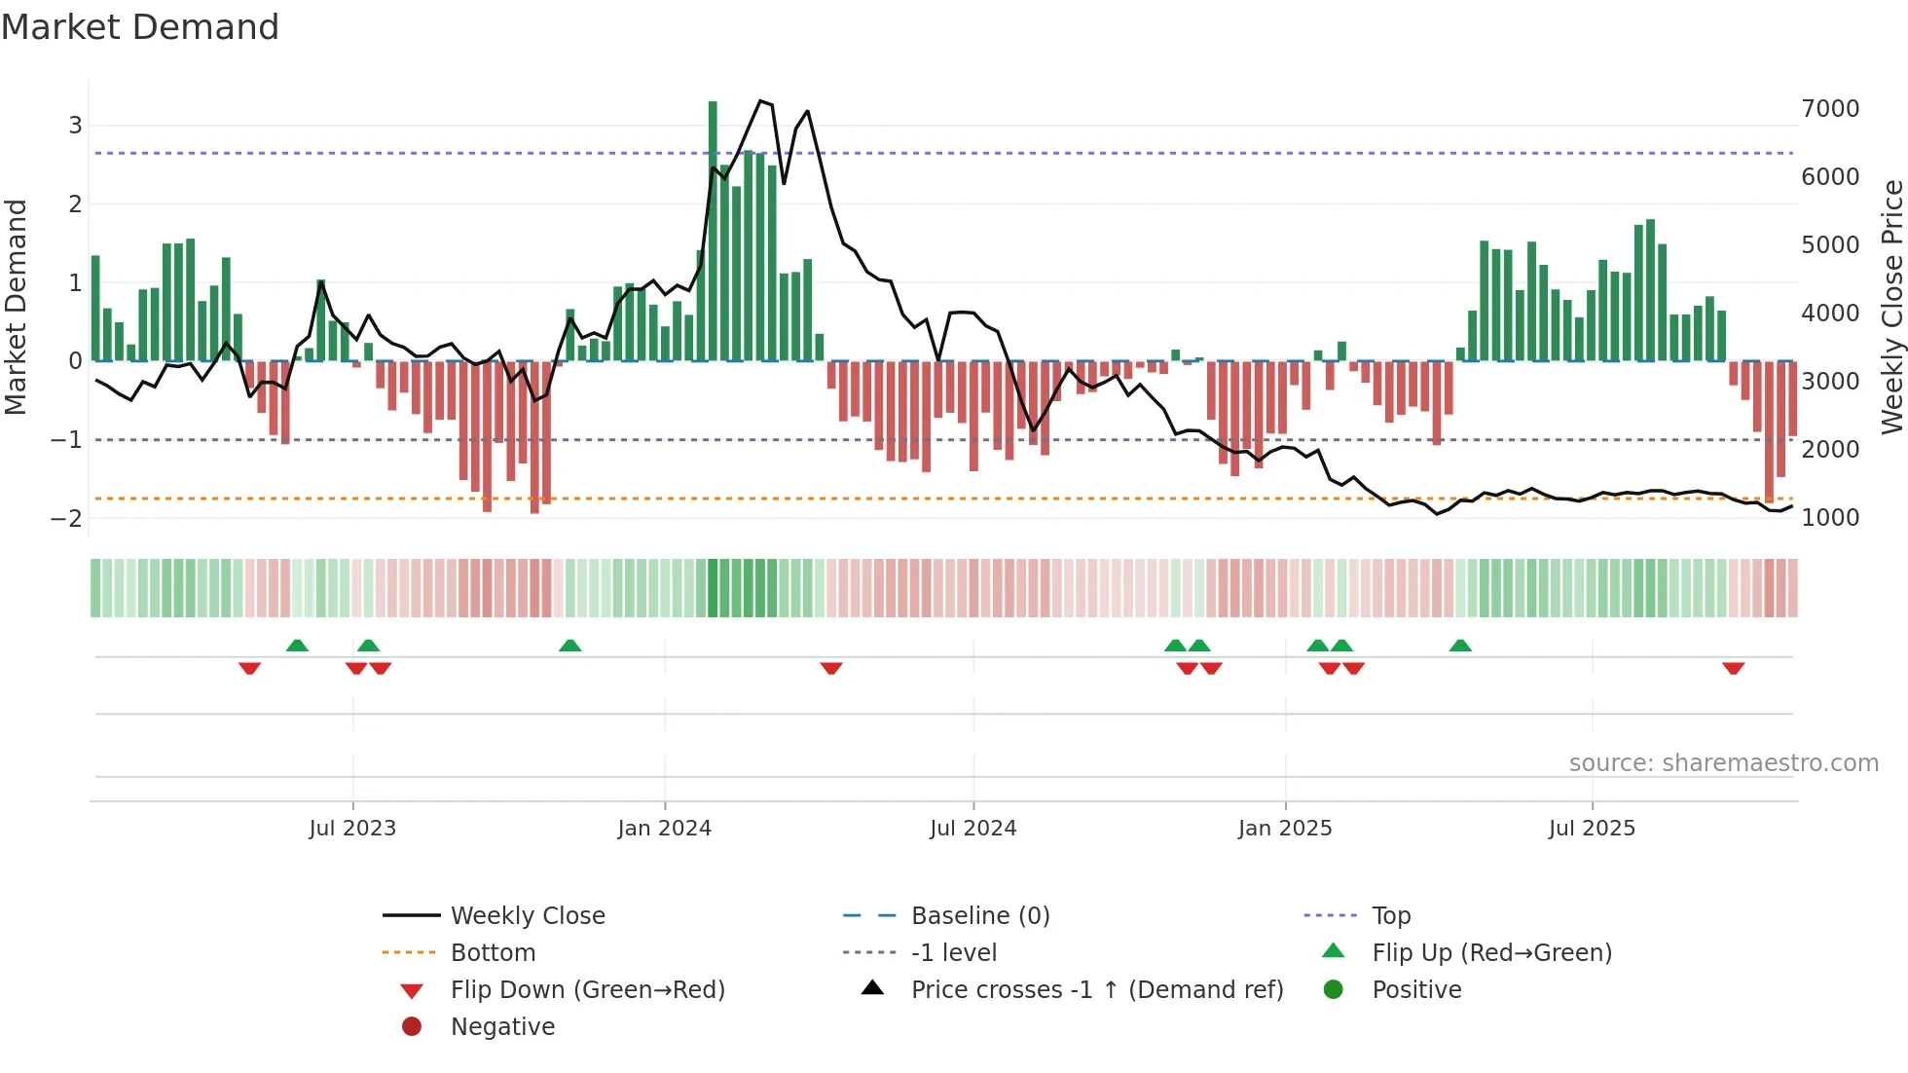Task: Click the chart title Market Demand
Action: [x=140, y=27]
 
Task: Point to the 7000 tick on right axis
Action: [x=1829, y=109]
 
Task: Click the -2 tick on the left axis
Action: [x=67, y=519]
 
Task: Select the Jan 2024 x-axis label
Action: [x=664, y=829]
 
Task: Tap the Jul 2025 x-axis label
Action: [x=1592, y=829]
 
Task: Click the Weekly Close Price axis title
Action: [x=1891, y=307]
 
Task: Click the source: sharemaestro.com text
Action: [x=1723, y=763]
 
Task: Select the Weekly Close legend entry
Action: [x=527, y=916]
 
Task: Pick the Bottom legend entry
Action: [x=493, y=953]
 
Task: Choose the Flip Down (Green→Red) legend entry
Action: [x=587, y=990]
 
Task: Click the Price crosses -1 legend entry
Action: [x=1096, y=990]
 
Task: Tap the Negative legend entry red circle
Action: [x=412, y=1027]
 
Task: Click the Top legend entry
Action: [x=1390, y=916]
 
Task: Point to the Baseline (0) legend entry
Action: [x=979, y=916]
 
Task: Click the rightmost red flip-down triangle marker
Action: [x=1733, y=668]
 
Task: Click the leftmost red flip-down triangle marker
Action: [x=249, y=668]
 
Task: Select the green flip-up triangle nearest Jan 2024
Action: [x=570, y=646]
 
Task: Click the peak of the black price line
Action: [x=761, y=101]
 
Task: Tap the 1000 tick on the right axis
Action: [x=1829, y=518]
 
